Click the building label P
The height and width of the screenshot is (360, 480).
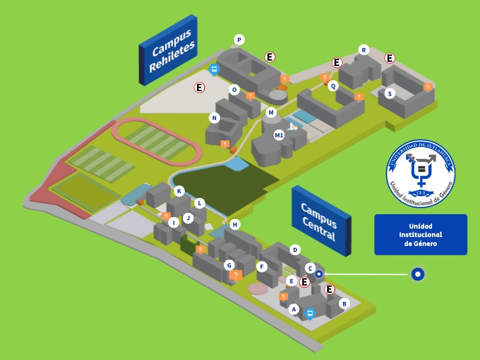pos(239,40)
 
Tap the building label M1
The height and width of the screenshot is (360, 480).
pos(279,135)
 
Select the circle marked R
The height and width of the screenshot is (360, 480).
pos(363,49)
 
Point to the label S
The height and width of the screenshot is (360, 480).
pos(390,93)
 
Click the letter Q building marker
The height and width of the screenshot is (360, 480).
pos(334,85)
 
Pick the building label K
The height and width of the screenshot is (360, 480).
pos(179,191)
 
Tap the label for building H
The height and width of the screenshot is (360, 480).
pos(235,224)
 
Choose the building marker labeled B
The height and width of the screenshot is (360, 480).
pos(344,304)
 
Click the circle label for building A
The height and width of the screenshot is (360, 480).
pos(293,309)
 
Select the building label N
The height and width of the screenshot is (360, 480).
pos(214,118)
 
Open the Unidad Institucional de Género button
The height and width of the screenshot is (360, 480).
pos(421,235)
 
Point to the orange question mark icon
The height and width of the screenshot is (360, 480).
pos(236,275)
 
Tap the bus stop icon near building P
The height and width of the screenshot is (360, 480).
pos(214,70)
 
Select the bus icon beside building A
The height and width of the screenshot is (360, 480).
pos(310,313)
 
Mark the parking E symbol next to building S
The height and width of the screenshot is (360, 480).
pos(390,58)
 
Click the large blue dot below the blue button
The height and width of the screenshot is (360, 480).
pos(418,275)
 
